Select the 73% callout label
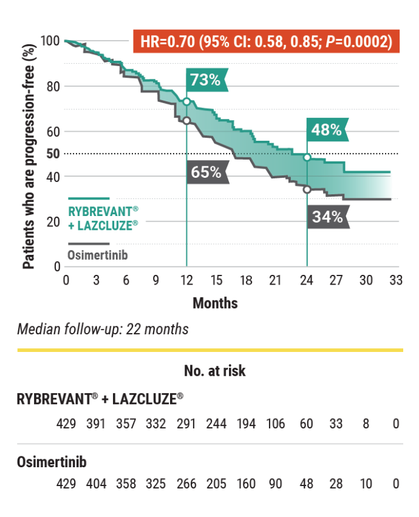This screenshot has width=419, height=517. [x=205, y=80]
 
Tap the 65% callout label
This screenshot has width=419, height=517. [x=206, y=172]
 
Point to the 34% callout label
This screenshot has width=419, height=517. [x=328, y=216]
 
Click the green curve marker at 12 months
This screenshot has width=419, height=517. [x=186, y=101]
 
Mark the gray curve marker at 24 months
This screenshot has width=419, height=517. [x=307, y=189]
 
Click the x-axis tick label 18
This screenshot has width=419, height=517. [x=246, y=280]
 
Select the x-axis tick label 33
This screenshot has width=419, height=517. [x=396, y=280]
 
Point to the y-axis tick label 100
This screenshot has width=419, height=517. [x=50, y=41]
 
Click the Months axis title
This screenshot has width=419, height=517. [x=215, y=302]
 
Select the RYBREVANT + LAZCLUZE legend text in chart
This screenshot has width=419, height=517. [x=103, y=216]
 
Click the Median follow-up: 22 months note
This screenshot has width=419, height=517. [x=103, y=329]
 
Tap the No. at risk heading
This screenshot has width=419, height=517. [x=215, y=371]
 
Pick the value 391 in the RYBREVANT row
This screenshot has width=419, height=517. [x=95, y=424]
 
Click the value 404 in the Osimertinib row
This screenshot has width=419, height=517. [x=95, y=484]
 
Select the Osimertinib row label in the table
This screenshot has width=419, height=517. [x=52, y=462]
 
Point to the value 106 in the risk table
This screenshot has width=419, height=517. [x=276, y=424]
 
